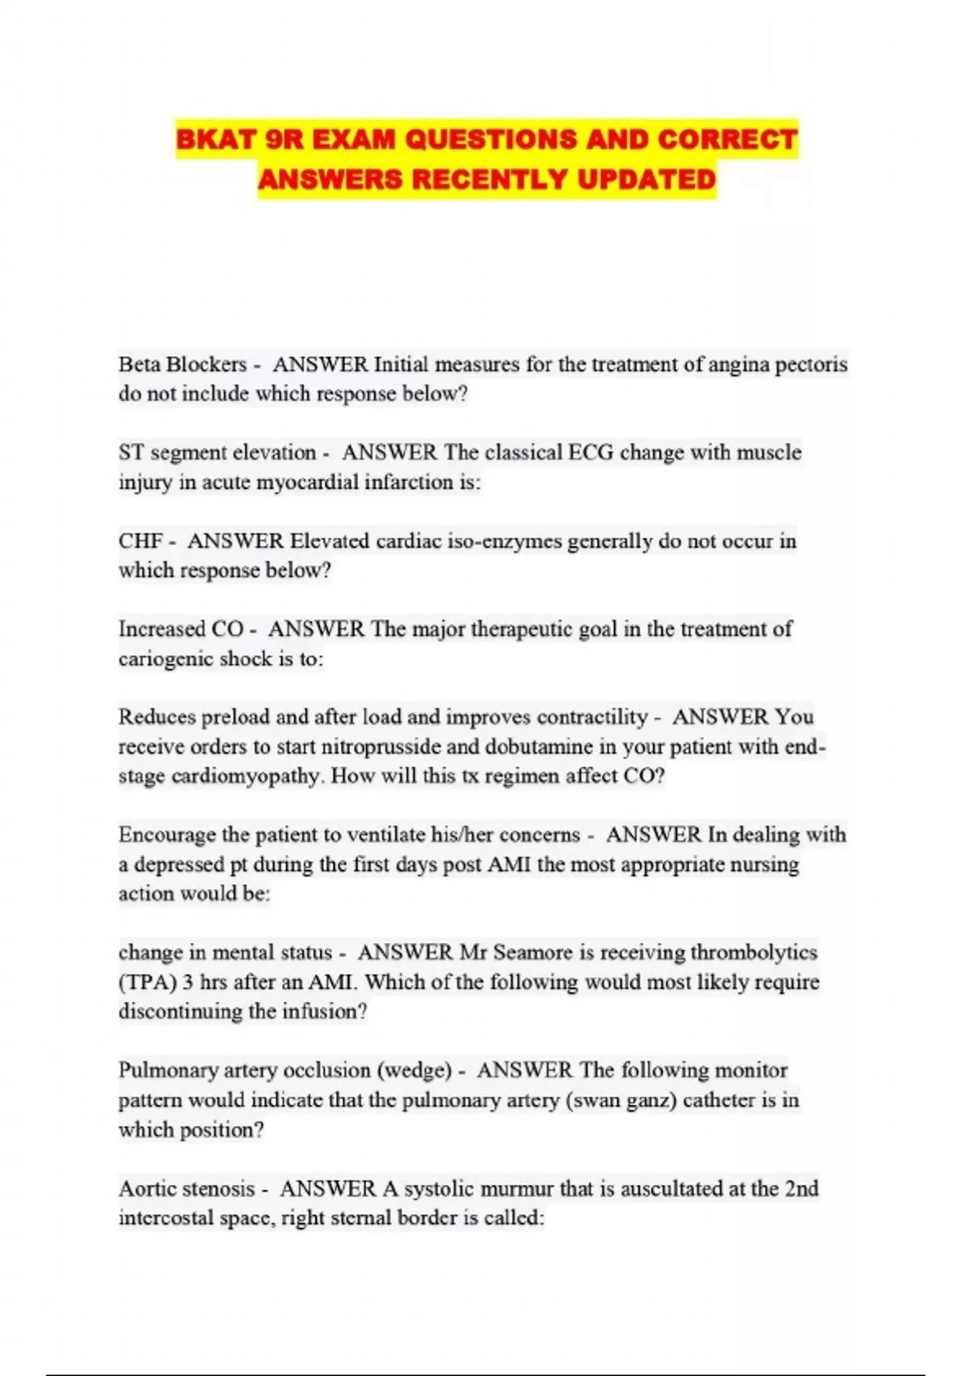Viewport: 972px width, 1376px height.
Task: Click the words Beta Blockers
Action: pyautogui.click(x=182, y=364)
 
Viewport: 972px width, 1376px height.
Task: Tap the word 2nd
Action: pyautogui.click(x=801, y=1188)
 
